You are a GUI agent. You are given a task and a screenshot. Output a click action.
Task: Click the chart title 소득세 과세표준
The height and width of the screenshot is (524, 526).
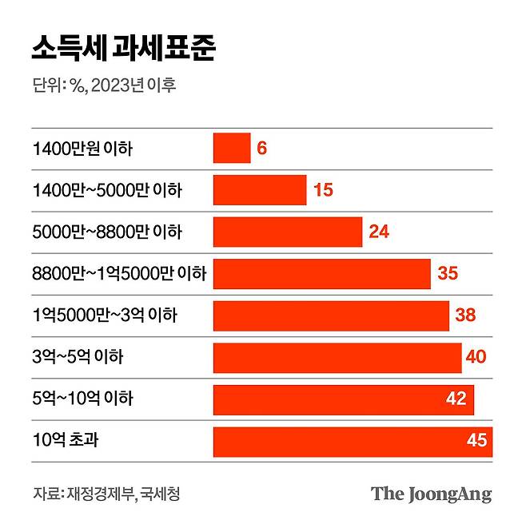click(124, 48)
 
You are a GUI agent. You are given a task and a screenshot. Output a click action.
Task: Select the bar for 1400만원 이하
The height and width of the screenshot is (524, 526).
click(231, 149)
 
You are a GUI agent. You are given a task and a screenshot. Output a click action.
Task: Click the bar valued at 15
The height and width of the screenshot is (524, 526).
click(259, 190)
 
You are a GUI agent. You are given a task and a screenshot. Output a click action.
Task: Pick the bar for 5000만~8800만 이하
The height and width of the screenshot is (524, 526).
click(287, 232)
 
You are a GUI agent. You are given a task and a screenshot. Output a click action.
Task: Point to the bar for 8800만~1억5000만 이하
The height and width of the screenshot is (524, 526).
click(321, 274)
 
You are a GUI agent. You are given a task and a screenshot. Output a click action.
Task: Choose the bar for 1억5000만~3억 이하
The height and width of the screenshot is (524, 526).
click(330, 316)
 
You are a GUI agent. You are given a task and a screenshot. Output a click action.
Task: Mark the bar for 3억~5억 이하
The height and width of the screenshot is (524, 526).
click(337, 357)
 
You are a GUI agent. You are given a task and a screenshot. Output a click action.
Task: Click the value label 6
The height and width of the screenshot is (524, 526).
click(261, 149)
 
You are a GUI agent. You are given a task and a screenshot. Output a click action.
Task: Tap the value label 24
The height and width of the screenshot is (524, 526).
click(379, 232)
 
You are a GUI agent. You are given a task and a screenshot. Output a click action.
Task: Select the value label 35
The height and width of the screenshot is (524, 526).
click(448, 274)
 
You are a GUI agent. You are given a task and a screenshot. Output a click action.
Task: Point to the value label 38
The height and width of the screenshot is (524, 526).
click(465, 316)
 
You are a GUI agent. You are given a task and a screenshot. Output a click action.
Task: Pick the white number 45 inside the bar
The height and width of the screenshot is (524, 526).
click(476, 441)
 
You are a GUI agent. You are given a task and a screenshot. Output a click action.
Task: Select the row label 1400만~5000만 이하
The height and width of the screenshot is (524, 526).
click(107, 190)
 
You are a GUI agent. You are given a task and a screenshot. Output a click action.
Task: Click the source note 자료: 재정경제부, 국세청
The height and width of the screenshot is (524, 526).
click(106, 494)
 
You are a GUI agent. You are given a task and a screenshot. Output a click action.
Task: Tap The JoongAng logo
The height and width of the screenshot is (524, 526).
click(431, 494)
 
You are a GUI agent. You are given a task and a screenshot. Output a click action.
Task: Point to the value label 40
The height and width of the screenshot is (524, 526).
click(476, 357)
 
